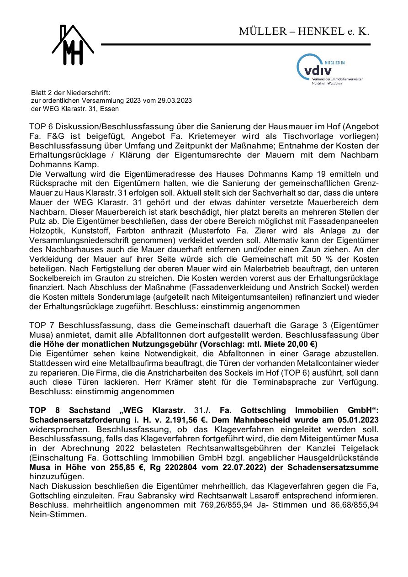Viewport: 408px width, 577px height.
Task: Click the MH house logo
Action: pyautogui.click(x=73, y=45)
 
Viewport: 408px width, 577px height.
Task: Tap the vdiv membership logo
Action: pyautogui.click(x=329, y=70)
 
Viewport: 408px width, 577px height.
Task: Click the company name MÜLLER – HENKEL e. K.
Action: pyautogui.click(x=304, y=32)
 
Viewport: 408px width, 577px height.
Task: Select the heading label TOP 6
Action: pyautogui.click(x=42, y=126)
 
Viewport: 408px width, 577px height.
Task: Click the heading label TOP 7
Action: pyautogui.click(x=42, y=326)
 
